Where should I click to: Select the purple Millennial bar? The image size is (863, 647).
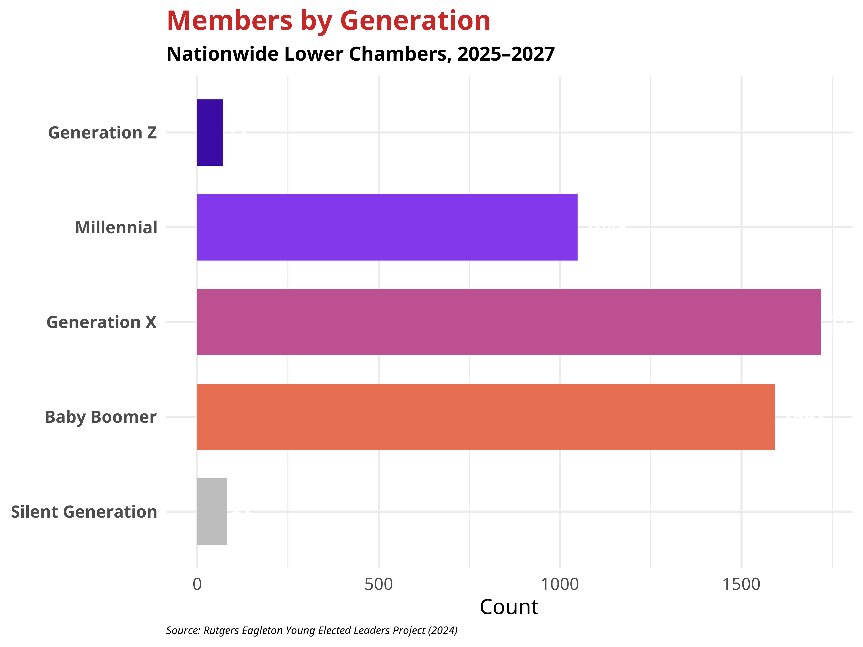pos(387,227)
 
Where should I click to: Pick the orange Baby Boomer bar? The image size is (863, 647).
pos(486,417)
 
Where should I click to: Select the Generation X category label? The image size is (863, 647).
pos(101,322)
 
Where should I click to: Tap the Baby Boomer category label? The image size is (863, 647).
pos(101,417)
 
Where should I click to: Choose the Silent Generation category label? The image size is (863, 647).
pos(84,512)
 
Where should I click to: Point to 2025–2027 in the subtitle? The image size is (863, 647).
pos(506,54)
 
